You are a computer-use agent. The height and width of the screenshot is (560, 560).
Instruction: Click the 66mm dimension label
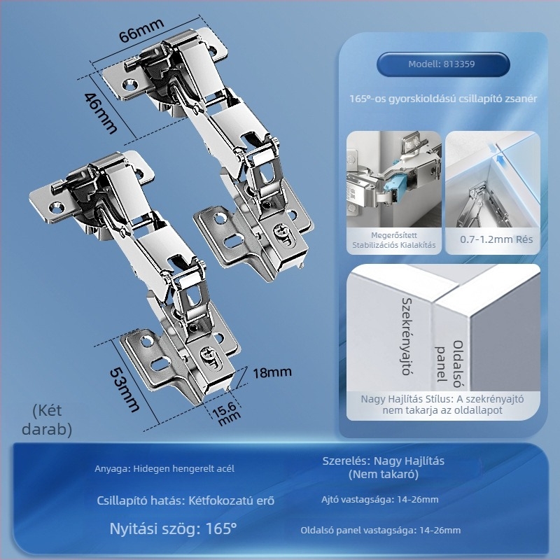click(141, 30)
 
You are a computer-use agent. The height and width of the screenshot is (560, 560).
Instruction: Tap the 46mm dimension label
click(100, 113)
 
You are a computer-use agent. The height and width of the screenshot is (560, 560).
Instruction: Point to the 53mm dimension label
click(125, 390)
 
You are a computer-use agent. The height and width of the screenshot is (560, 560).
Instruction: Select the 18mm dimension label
click(272, 372)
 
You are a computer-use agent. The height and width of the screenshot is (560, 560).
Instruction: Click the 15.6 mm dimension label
click(226, 413)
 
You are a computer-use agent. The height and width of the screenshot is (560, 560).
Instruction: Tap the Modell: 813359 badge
click(442, 64)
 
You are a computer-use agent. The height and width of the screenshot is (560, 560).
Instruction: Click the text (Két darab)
click(47, 419)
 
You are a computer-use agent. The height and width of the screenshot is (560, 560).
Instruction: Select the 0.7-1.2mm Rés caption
click(496, 239)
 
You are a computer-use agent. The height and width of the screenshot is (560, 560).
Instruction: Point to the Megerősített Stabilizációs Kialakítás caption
click(394, 240)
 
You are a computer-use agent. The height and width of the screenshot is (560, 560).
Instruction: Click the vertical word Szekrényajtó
click(406, 337)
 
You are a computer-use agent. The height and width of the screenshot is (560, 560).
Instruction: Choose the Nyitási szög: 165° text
click(173, 528)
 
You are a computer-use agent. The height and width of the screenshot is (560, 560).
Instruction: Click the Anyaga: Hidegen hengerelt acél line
click(164, 468)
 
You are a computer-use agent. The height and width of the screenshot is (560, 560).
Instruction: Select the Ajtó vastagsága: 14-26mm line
click(380, 499)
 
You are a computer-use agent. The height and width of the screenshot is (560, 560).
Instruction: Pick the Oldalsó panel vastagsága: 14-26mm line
click(381, 530)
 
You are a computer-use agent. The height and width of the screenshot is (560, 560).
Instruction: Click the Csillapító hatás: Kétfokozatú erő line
click(185, 500)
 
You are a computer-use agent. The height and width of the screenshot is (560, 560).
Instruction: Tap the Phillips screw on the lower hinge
click(208, 354)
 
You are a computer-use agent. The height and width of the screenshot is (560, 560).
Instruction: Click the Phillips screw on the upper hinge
click(282, 232)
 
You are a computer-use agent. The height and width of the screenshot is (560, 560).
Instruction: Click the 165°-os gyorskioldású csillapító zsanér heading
click(443, 99)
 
